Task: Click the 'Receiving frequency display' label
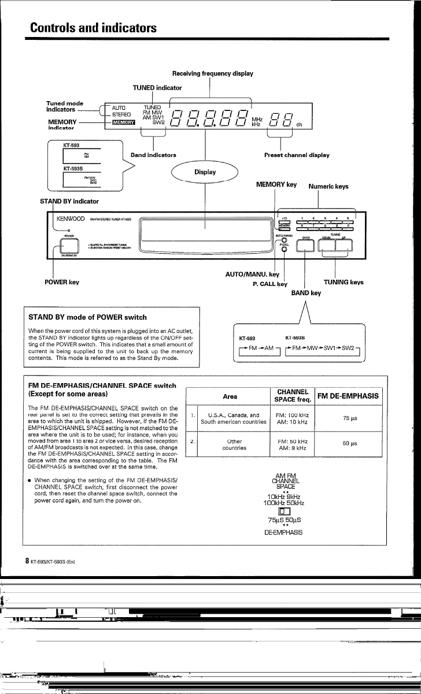[x=212, y=74]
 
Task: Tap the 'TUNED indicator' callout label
[x=157, y=88]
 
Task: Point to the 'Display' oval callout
[x=205, y=172]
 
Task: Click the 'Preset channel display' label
[x=297, y=155]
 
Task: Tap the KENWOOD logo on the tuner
[x=71, y=219]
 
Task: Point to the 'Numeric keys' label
[x=328, y=187]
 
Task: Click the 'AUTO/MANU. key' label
[x=252, y=274]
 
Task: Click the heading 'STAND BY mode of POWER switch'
[x=87, y=317]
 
